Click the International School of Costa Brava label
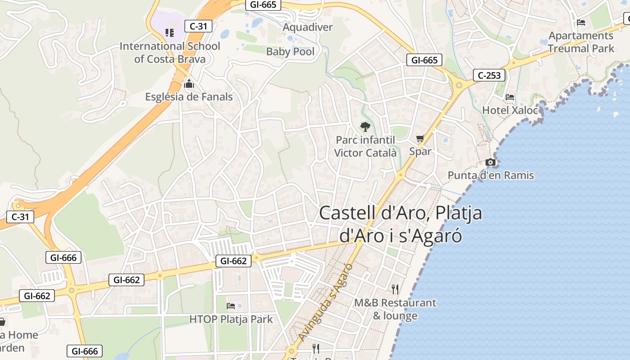170,53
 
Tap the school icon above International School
170,32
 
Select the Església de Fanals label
189,97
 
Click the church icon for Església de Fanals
189,84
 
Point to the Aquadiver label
307,27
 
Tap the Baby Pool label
290,52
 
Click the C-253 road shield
489,75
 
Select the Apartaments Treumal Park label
580,42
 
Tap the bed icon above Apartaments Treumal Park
581,22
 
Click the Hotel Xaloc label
510,110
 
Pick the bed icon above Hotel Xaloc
510,97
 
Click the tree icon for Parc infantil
365,126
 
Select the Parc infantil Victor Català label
365,147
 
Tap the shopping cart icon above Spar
420,138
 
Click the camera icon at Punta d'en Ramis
490,162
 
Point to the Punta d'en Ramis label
490,175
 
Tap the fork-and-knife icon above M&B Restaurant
395,289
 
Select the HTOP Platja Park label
231,319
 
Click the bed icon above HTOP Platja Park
231,306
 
